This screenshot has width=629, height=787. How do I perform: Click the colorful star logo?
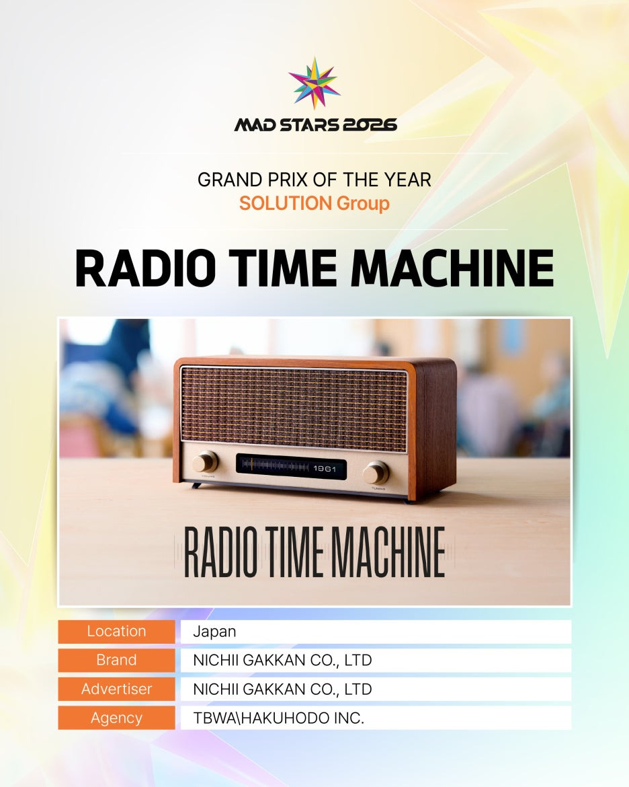(314, 83)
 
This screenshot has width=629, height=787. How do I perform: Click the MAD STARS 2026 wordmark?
(315, 124)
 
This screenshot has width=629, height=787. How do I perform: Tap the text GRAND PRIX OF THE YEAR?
(314, 180)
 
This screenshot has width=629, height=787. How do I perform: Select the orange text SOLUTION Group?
(314, 203)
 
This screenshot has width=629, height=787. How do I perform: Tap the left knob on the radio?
(205, 461)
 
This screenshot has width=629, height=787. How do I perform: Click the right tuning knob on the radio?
(375, 472)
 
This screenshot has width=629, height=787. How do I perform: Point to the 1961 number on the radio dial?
(325, 468)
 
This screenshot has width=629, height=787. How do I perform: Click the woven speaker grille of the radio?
(294, 409)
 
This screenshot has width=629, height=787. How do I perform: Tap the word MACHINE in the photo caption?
(388, 552)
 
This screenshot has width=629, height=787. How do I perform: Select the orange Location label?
(116, 632)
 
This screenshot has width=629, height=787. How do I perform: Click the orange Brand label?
(116, 660)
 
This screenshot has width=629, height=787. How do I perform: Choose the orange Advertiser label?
(116, 689)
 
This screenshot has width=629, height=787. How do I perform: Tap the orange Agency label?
(116, 718)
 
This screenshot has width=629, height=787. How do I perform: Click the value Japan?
(214, 632)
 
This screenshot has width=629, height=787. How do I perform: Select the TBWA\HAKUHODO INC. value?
(278, 718)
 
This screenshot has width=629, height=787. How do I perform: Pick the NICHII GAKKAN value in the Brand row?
(282, 661)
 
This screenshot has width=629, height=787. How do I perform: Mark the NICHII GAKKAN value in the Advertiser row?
(282, 689)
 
